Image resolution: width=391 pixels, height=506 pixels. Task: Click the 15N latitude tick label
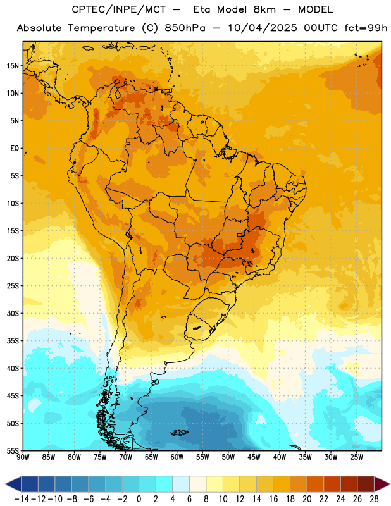(x=13, y=66)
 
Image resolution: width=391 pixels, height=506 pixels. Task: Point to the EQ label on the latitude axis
(x=15, y=149)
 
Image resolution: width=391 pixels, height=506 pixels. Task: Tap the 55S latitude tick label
(x=13, y=450)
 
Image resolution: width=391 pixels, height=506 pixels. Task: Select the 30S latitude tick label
(x=13, y=313)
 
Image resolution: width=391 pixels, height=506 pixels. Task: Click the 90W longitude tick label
(x=23, y=457)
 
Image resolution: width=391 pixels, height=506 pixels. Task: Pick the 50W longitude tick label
(x=228, y=457)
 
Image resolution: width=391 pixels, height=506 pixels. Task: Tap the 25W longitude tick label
(x=356, y=457)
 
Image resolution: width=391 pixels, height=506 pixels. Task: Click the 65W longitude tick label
(x=151, y=457)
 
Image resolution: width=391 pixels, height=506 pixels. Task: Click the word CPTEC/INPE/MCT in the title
(x=119, y=9)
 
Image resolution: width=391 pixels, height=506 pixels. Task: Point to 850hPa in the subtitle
(x=185, y=28)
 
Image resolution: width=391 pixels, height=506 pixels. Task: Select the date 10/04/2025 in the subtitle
(x=263, y=28)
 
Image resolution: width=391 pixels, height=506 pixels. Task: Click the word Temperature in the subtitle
(x=101, y=28)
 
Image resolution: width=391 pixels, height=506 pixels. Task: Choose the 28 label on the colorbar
(x=374, y=499)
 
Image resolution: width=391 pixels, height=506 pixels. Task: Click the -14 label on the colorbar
(x=22, y=499)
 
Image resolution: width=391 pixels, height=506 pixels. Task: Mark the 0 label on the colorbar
(x=139, y=499)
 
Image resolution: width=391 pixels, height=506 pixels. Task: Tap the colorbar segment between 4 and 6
(x=181, y=484)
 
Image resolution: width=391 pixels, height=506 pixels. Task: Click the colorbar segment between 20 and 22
(x=316, y=484)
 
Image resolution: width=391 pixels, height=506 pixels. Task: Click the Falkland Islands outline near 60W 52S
(x=179, y=433)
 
